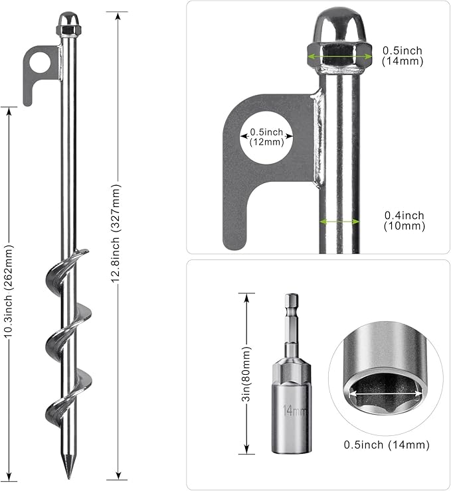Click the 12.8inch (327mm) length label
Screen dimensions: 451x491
coord(116,234)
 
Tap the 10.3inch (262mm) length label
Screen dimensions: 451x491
coord(9,291)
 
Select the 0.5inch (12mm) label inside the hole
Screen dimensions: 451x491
coord(267,137)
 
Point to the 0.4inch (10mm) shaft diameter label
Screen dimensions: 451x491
coord(405,221)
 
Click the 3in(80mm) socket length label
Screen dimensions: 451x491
coord(247,374)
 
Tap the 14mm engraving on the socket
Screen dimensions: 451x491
coord(294,410)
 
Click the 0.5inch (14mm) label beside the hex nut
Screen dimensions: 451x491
coord(403,56)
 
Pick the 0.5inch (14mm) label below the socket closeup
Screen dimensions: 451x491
coord(387,445)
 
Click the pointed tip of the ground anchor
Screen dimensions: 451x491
coord(68,479)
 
